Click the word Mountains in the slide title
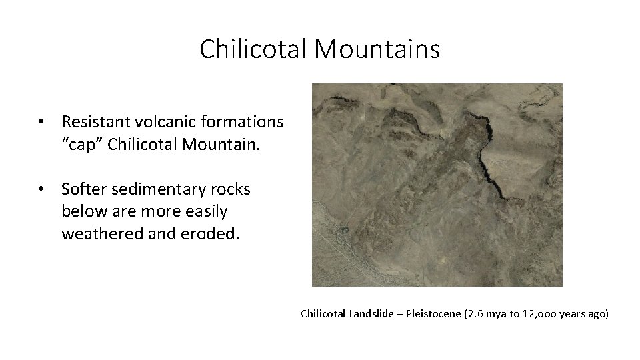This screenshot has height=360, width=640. point(377,49)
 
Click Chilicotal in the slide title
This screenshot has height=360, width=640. point(253,49)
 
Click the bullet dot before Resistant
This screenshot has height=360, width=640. point(42,122)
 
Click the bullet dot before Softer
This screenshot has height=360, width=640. point(42,189)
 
